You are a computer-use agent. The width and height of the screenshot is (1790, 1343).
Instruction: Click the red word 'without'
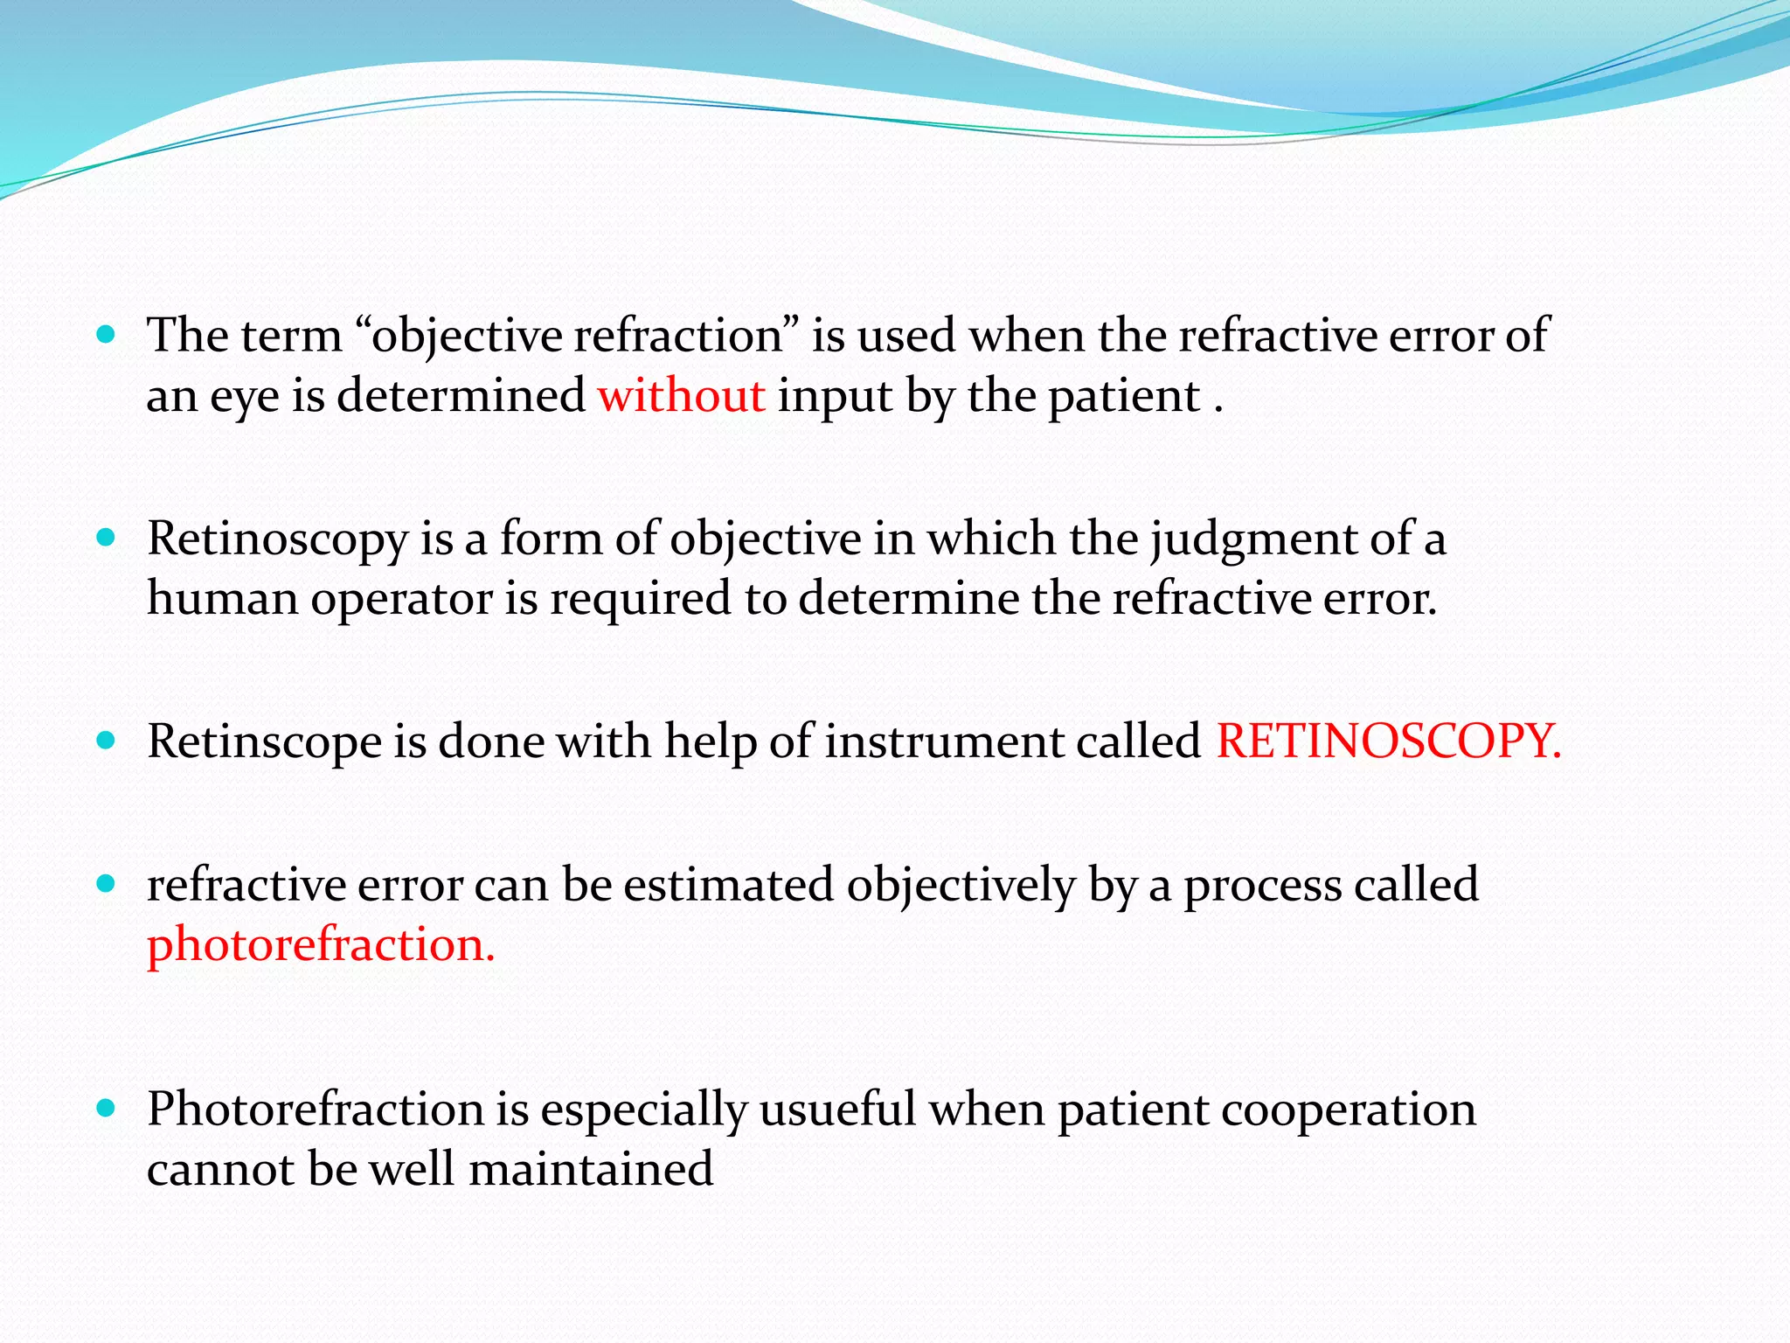[681, 396]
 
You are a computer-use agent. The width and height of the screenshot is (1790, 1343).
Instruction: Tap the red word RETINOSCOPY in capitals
[1387, 741]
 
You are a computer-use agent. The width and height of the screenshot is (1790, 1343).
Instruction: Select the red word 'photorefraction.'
[321, 945]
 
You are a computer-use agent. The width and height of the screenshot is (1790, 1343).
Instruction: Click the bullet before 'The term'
[107, 334]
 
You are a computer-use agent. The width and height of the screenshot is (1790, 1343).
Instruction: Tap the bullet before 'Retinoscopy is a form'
[107, 538]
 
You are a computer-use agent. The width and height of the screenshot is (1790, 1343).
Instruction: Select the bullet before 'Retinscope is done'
[107, 741]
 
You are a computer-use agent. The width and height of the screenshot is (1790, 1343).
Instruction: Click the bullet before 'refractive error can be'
[107, 884]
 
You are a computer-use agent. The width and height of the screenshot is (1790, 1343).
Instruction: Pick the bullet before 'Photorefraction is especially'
[107, 1110]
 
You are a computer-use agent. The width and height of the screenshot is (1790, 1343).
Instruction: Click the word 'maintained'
[591, 1170]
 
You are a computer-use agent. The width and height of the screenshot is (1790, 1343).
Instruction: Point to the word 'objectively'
[961, 886]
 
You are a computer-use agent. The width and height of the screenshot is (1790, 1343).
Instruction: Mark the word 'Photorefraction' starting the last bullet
[316, 1110]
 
